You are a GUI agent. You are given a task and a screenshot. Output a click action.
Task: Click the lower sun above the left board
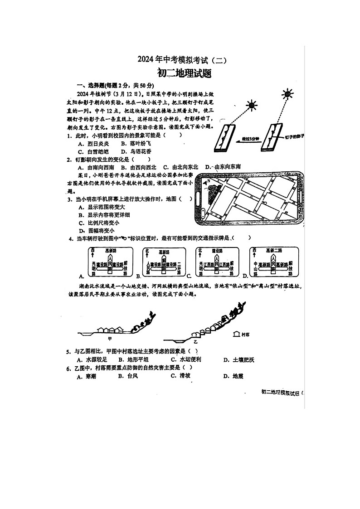click(x=251, y=105)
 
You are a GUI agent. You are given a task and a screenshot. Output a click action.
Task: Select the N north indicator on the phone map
click(x=209, y=182)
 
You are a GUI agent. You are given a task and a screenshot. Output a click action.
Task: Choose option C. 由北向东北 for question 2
click(x=181, y=166)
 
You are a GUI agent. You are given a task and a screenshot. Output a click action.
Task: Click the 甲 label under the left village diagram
click(x=110, y=338)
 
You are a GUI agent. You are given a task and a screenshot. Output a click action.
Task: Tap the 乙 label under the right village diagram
click(x=195, y=339)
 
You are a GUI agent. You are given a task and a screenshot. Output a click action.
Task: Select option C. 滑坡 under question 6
click(x=180, y=376)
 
